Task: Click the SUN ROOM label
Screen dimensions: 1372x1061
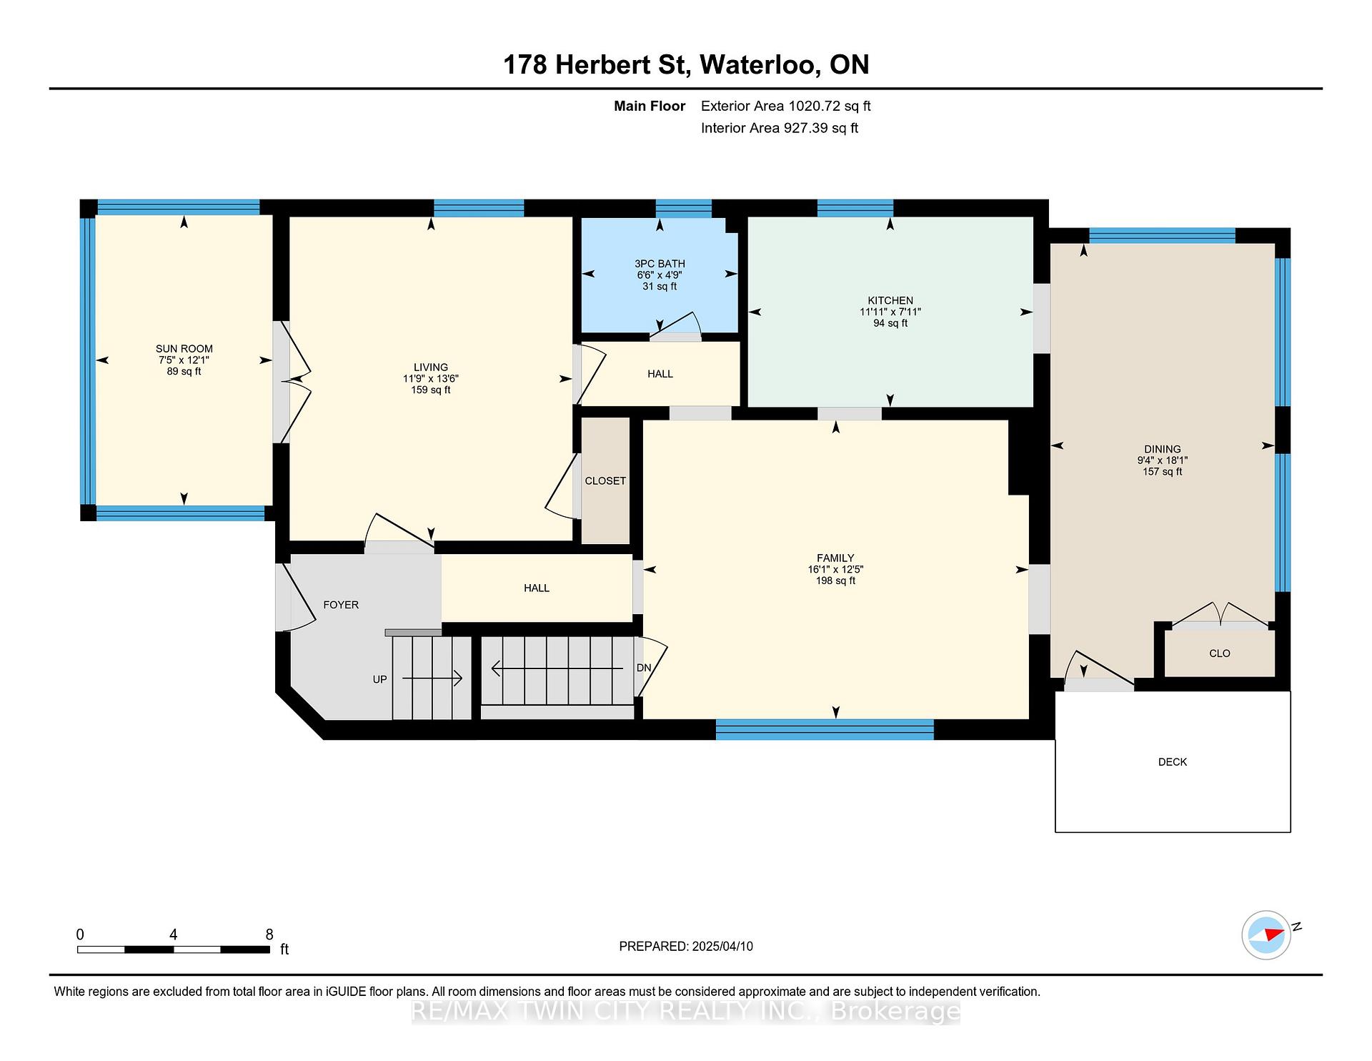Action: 184,349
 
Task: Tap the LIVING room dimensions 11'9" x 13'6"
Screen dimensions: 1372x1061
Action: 430,379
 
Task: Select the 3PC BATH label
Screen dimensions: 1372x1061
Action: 660,264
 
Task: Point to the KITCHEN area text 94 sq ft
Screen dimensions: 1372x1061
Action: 890,323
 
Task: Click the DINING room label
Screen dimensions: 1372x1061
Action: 1163,450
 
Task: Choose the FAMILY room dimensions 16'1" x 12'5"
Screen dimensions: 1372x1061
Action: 835,570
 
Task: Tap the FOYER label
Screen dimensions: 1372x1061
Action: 341,605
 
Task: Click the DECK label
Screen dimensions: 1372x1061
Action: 1173,762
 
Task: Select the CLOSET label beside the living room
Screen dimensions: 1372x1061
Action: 605,481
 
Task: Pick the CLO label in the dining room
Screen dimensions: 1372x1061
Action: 1220,653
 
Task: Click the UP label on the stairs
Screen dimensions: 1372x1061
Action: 379,679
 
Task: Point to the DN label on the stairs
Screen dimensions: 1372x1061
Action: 644,668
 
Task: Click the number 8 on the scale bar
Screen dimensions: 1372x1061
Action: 269,934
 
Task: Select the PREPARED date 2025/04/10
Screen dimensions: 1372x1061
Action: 722,947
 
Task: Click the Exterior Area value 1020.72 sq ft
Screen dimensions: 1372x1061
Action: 830,107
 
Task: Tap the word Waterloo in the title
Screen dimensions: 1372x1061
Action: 760,65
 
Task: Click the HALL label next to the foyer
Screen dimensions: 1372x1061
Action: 537,588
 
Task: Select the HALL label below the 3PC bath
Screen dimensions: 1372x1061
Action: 660,374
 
